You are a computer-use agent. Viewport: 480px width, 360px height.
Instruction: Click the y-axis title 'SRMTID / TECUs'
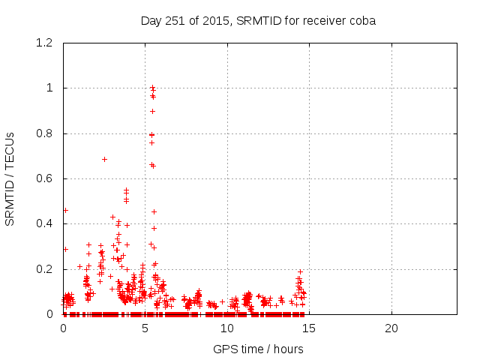[x=10, y=178]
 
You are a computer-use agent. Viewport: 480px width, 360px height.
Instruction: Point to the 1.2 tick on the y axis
[x=46, y=43]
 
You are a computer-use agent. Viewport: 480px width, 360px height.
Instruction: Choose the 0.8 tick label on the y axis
[x=46, y=133]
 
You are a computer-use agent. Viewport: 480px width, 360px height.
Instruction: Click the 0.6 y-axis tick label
[x=46, y=178]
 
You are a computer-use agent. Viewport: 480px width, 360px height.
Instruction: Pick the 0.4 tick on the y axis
[x=46, y=223]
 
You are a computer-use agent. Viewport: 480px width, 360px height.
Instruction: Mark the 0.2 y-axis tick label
[x=46, y=269]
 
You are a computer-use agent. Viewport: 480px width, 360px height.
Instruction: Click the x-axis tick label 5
[x=145, y=328]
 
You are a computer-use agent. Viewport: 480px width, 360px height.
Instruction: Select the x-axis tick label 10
[x=227, y=328]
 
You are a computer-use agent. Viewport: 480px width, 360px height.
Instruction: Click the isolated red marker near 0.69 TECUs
[x=104, y=159]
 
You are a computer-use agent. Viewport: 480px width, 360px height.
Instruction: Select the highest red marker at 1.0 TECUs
[x=152, y=88]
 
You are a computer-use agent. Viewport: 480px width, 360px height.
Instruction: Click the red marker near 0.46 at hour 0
[x=65, y=210]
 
